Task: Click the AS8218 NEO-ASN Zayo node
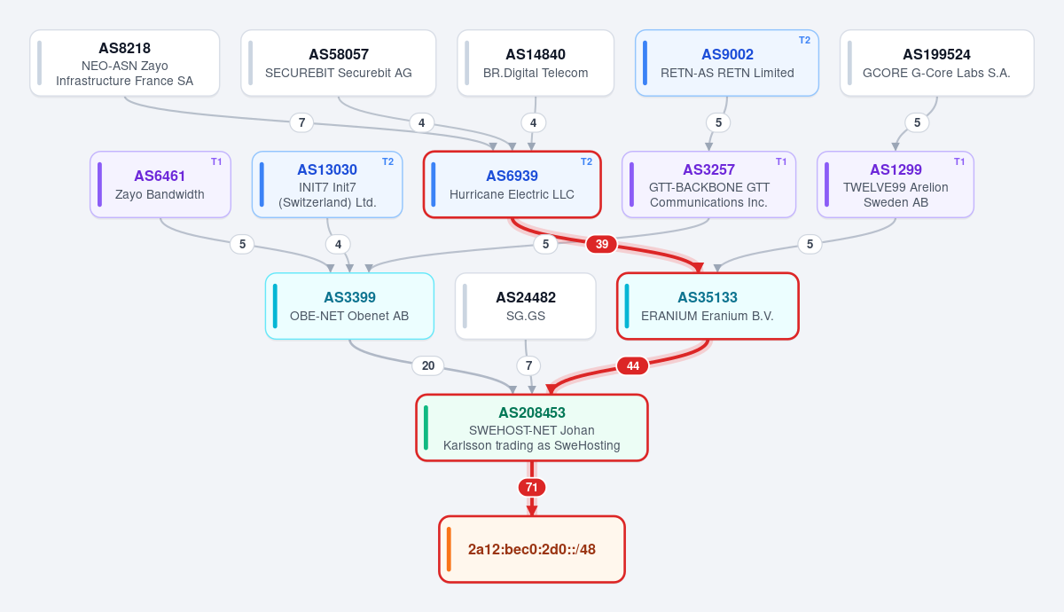(124, 63)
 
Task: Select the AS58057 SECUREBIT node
(338, 63)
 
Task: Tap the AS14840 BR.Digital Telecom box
(536, 63)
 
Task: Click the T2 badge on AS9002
(804, 41)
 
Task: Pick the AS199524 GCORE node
(936, 63)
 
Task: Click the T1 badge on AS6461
(216, 162)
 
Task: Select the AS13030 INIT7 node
(327, 184)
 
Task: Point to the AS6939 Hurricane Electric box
(512, 184)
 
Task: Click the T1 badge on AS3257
(781, 162)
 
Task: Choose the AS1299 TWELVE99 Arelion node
(896, 184)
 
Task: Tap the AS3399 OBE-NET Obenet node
(349, 306)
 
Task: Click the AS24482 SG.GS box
(525, 306)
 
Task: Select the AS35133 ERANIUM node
(708, 306)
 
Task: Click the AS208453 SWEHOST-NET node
(532, 428)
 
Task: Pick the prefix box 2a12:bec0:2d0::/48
(532, 549)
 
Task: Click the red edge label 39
(602, 244)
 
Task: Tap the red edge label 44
(633, 365)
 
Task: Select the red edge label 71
(531, 488)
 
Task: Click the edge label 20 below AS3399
(428, 365)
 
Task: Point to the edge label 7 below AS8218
(301, 122)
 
